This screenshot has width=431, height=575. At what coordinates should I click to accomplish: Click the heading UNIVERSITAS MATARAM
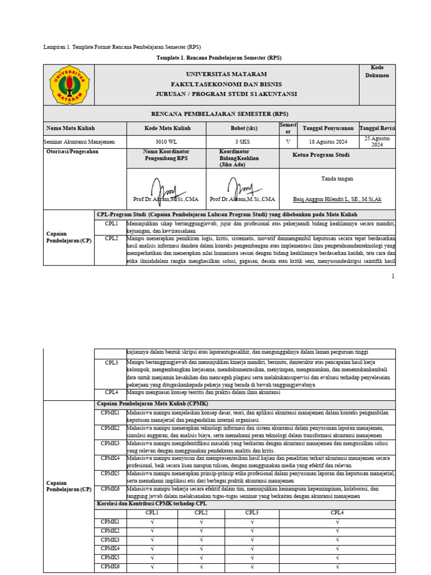(x=226, y=74)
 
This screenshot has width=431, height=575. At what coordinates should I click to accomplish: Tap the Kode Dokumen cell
(x=377, y=71)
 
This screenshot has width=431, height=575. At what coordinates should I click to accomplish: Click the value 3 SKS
(x=242, y=142)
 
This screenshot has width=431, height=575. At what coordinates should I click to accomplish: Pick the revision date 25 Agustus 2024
(x=377, y=142)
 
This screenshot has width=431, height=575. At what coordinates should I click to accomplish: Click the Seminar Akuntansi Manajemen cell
(x=79, y=142)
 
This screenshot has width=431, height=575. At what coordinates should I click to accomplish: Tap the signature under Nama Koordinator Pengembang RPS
(x=166, y=186)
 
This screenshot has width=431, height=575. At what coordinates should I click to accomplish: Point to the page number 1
(x=393, y=276)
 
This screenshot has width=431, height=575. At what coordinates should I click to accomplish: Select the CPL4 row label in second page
(x=111, y=393)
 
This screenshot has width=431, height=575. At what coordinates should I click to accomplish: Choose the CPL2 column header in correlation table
(x=201, y=513)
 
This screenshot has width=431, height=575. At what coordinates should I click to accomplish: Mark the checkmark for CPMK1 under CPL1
(x=152, y=522)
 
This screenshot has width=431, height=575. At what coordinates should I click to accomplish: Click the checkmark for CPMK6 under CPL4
(x=337, y=567)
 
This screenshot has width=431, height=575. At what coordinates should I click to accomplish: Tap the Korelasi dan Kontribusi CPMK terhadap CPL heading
(x=152, y=504)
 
